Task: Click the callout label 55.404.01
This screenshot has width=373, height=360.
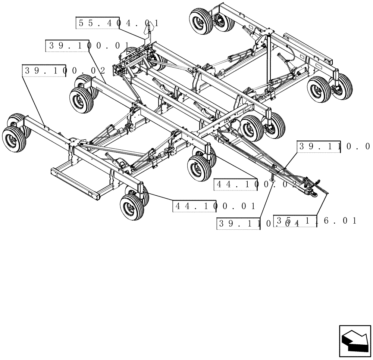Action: pyautogui.click(x=117, y=23)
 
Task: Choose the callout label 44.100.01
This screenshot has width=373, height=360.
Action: pyautogui.click(x=214, y=206)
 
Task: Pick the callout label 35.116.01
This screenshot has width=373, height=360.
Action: pyautogui.click(x=315, y=221)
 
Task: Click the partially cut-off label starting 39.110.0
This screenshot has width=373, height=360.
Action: pyautogui.click(x=334, y=146)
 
